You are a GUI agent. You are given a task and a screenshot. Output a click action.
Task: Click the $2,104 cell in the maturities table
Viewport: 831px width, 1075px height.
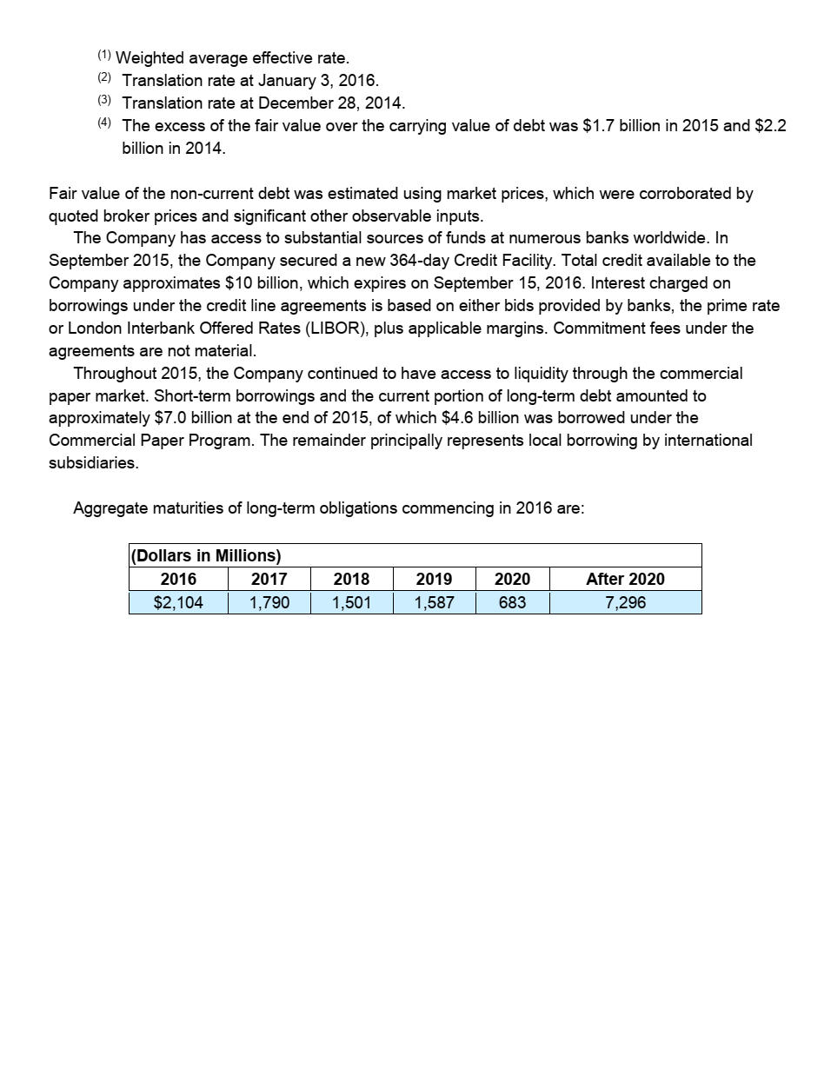[x=178, y=602]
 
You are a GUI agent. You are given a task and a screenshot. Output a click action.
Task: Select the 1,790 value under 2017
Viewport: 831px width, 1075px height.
[x=269, y=602]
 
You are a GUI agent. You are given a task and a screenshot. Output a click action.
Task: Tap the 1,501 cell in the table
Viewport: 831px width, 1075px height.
[x=351, y=602]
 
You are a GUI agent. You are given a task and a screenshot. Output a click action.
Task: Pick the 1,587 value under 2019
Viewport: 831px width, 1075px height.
[x=434, y=602]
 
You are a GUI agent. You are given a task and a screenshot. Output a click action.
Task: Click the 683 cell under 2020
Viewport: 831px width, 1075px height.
[x=512, y=602]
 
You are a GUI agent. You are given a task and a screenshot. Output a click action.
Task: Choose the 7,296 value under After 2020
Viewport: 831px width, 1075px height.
[x=625, y=602]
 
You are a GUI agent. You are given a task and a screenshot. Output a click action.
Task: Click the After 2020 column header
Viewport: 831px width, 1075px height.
[x=625, y=579]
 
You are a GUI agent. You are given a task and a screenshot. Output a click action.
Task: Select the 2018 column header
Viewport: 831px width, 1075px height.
[x=351, y=579]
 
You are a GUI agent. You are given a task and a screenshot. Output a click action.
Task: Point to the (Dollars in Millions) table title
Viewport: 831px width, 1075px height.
[x=206, y=555]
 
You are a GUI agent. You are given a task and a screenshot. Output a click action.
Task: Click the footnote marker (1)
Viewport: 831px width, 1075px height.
[x=104, y=56]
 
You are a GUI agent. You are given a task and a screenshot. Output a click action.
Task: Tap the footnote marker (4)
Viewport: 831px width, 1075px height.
[x=104, y=123]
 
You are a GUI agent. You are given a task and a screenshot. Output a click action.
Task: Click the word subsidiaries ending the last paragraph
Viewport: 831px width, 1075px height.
[x=92, y=463]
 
